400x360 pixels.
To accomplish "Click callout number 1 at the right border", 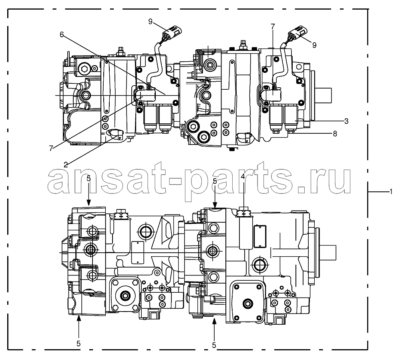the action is pyautogui.click(x=391, y=191).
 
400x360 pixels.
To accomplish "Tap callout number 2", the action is pyautogui.click(x=66, y=164).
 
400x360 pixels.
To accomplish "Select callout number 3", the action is pyautogui.click(x=346, y=121).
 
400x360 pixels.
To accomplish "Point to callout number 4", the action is pyautogui.click(x=243, y=176).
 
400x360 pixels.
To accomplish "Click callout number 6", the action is pyautogui.click(x=62, y=34).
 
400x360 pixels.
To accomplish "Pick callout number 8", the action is pyautogui.click(x=335, y=133).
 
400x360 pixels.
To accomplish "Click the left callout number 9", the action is pyautogui.click(x=150, y=22).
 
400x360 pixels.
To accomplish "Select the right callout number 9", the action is pyautogui.click(x=314, y=45).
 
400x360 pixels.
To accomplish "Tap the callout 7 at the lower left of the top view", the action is pyautogui.click(x=51, y=148).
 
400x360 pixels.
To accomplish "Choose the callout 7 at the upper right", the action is pyautogui.click(x=273, y=26).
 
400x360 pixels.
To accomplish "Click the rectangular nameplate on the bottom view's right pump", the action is pyautogui.click(x=260, y=237).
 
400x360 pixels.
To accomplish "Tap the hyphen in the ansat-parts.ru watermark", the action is pyautogui.click(x=175, y=181).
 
